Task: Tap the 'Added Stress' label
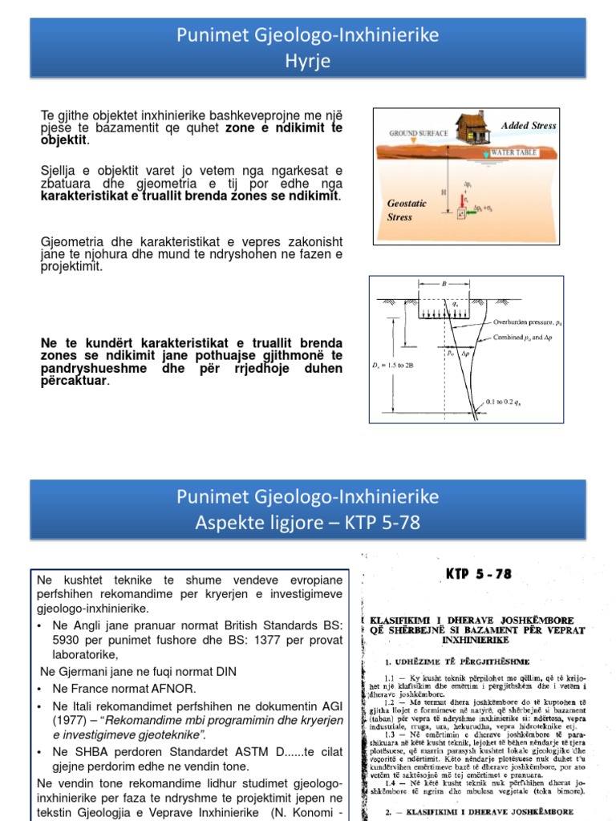528,126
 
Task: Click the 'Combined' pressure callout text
525,338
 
